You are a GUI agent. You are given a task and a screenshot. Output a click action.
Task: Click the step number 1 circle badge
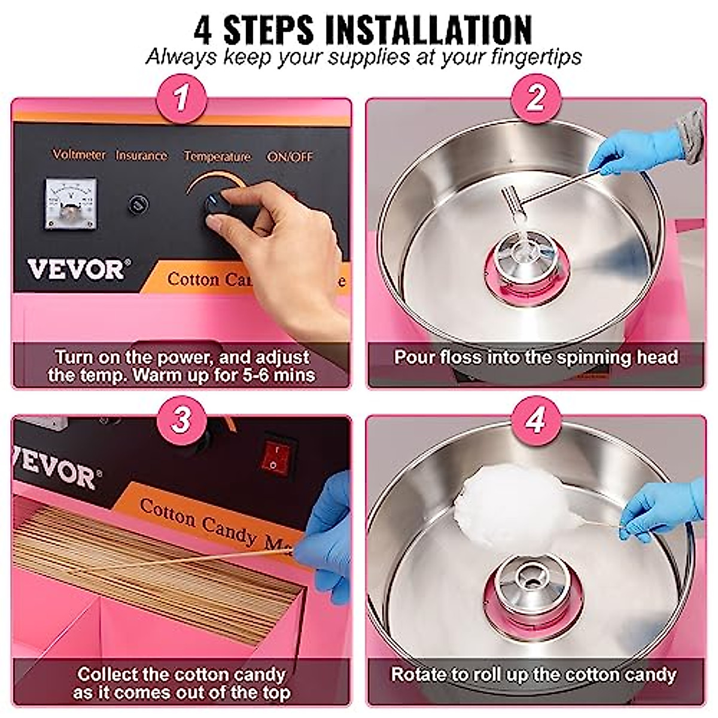coord(181,99)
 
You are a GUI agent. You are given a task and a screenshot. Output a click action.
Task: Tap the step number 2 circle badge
coord(536,99)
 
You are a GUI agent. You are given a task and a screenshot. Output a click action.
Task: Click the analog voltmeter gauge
coord(71,203)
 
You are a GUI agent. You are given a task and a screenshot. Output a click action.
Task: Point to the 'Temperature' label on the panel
coord(217,156)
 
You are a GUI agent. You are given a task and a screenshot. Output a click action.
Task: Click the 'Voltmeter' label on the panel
coord(79,155)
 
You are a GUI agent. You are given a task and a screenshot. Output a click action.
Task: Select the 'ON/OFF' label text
coord(290,157)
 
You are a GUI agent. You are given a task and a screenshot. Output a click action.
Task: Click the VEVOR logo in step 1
coord(77,269)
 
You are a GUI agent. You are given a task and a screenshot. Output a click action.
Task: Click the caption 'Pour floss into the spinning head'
coord(536,357)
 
